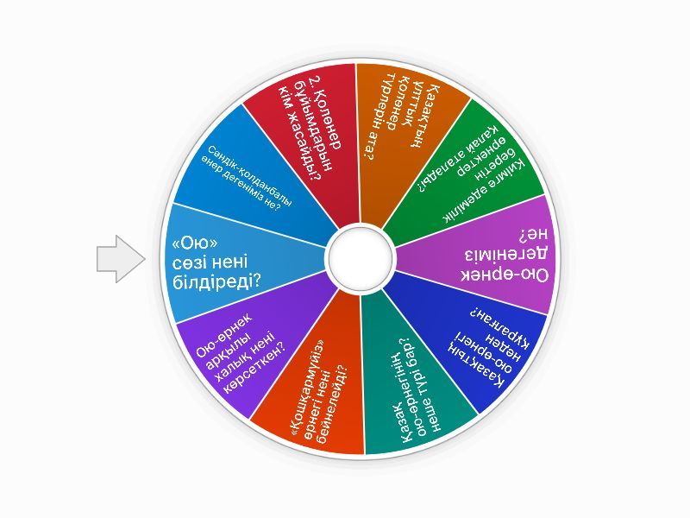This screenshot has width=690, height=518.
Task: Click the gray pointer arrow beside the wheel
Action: (x=121, y=259)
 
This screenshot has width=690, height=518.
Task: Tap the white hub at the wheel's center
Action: (x=361, y=257)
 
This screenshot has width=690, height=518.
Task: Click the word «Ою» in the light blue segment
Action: (x=191, y=243)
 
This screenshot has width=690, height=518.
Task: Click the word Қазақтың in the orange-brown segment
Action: (x=423, y=116)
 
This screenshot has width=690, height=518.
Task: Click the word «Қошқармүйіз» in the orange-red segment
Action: (x=309, y=388)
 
